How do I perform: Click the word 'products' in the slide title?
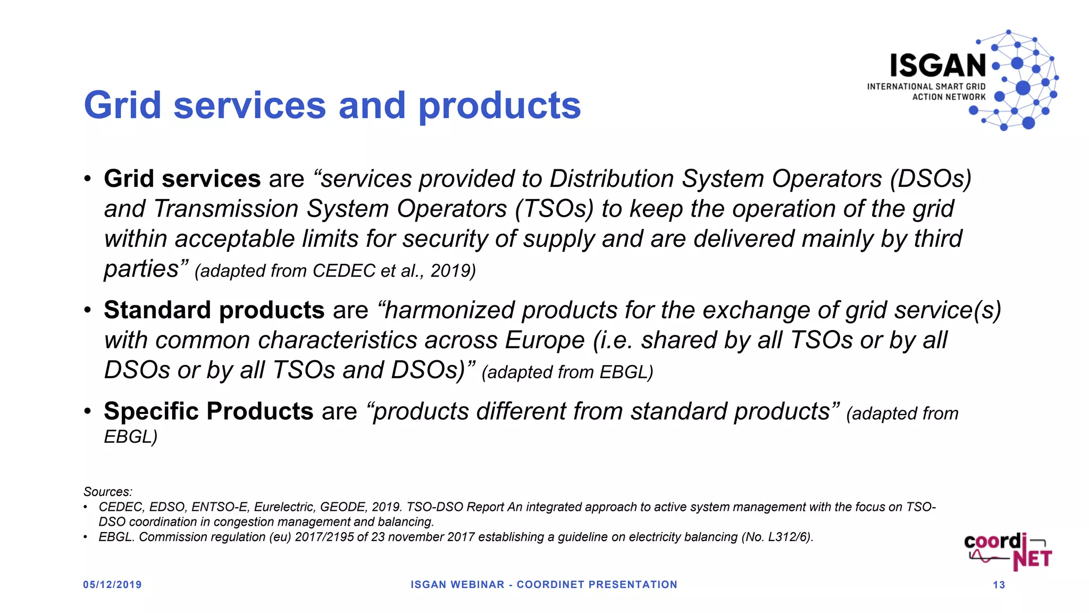499,105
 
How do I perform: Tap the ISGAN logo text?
938,66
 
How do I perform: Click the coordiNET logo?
1008,552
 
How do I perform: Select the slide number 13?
999,585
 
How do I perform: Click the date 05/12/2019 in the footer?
112,585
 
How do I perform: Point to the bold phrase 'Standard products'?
214,310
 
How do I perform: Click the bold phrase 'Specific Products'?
208,411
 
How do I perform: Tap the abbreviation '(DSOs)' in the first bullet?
931,179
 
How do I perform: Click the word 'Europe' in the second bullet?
544,341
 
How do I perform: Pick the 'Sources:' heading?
107,492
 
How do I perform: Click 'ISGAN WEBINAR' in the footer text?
457,585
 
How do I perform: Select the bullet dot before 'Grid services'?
88,179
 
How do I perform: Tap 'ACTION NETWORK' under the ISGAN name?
949,97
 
